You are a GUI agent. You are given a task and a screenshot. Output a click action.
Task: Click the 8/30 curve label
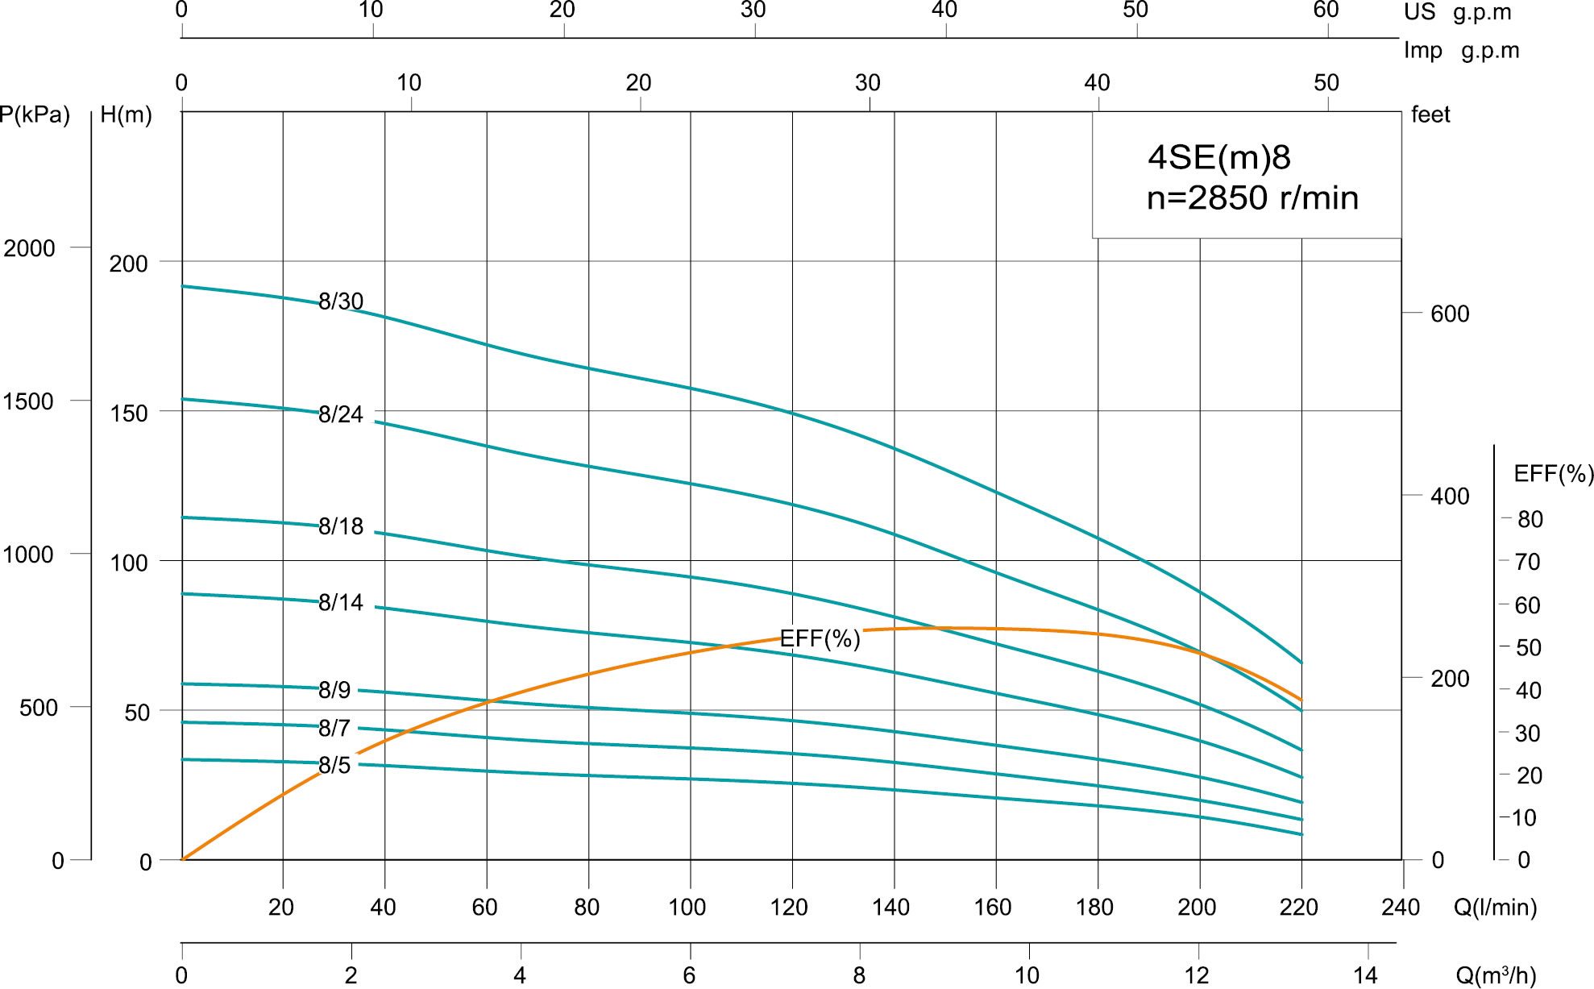(x=341, y=301)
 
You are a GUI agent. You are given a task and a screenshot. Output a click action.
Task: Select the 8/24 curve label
(x=341, y=414)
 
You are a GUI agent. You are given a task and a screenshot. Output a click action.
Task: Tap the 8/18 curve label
(x=341, y=526)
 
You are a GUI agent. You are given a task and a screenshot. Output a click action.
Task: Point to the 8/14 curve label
(x=341, y=603)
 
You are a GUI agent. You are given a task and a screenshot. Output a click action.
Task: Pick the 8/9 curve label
(x=334, y=690)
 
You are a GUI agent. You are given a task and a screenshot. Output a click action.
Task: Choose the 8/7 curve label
(x=334, y=729)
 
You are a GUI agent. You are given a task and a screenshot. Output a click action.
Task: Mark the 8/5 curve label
(x=334, y=766)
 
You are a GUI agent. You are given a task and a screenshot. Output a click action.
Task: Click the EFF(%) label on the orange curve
(x=820, y=639)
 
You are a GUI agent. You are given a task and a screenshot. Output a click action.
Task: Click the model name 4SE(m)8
(x=1219, y=157)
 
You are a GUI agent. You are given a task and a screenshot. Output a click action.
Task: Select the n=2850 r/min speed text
(x=1252, y=198)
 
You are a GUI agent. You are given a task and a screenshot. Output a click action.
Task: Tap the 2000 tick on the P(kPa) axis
(x=30, y=248)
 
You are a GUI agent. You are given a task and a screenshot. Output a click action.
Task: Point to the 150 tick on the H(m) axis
(x=129, y=413)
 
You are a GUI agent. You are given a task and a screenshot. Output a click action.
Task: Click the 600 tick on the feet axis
(x=1450, y=314)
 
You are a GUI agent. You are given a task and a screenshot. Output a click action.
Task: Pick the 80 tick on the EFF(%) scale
(x=1530, y=520)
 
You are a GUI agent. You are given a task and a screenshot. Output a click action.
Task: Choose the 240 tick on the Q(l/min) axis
(x=1401, y=908)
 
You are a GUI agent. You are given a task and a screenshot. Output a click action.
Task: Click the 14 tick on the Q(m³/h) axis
(x=1365, y=975)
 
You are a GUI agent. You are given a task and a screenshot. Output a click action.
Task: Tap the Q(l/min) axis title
(x=1495, y=908)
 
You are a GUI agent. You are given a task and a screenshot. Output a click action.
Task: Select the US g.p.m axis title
(x=1457, y=12)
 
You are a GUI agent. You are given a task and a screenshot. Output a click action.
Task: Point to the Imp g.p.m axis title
(x=1461, y=51)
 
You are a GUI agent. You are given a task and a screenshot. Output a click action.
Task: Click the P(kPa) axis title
(x=35, y=115)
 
